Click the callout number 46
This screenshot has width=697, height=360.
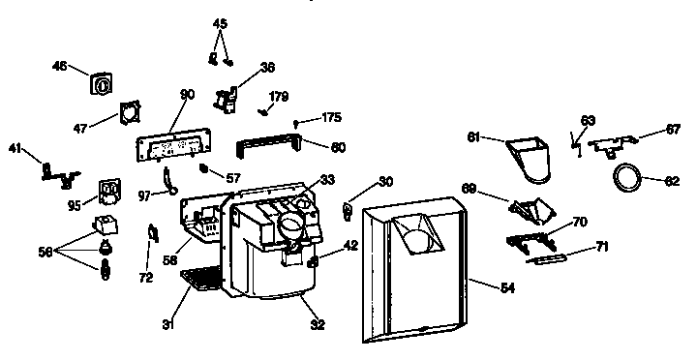(x=58, y=66)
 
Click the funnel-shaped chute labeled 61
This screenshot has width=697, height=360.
(x=531, y=158)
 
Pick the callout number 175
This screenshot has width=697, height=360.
(x=331, y=117)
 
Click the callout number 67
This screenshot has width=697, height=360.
(x=673, y=128)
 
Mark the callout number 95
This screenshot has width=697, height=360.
(x=73, y=204)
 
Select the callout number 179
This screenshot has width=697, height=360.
(x=279, y=96)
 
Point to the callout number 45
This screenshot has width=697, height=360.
(x=220, y=23)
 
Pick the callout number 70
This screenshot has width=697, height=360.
(x=580, y=223)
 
